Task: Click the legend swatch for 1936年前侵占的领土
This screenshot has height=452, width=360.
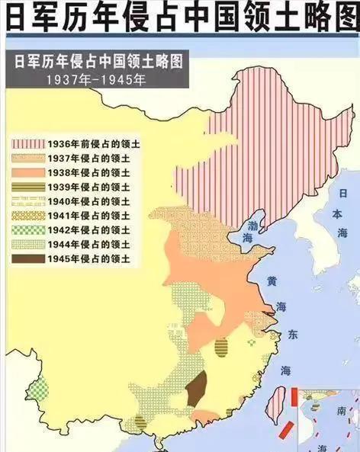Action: (27, 143)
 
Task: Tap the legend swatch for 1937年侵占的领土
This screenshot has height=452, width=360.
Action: (27, 158)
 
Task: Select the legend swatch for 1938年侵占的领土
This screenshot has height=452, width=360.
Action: (27, 172)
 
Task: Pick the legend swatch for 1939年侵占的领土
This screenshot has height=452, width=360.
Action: (27, 187)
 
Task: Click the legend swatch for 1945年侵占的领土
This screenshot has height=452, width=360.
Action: (27, 259)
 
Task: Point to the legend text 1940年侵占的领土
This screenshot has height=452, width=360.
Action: (88, 201)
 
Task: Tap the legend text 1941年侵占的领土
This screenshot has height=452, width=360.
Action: (88, 216)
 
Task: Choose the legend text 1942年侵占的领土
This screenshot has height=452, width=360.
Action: (88, 230)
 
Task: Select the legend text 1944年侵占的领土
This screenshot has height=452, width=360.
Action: (88, 245)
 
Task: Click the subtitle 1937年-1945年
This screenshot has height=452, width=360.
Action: (95, 79)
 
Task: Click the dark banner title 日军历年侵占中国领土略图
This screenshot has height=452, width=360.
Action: (95, 62)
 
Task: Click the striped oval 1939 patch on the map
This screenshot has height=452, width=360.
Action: (222, 348)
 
